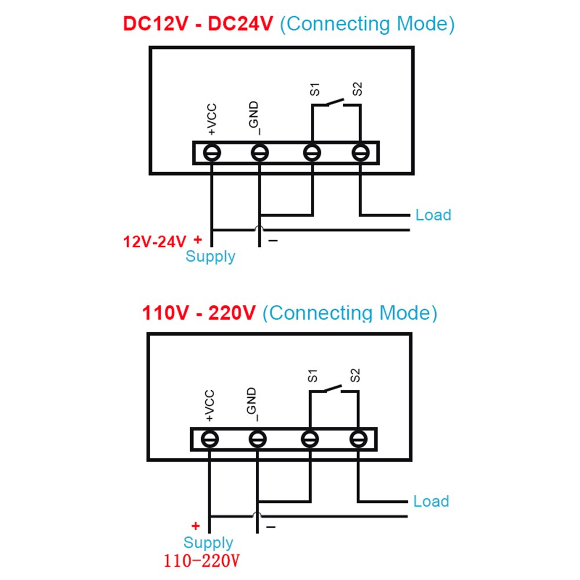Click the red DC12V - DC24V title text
197,24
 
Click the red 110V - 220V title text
199,313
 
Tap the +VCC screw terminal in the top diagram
212,153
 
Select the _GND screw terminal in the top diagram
259,153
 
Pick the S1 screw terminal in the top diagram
313,153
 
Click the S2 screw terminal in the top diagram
361,153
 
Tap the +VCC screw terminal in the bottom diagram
210,440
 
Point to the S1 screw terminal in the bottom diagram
310,440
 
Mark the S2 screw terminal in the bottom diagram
358,440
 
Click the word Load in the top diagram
433,215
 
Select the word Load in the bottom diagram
431,502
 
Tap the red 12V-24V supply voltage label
154,241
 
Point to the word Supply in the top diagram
211,256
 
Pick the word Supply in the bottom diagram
208,543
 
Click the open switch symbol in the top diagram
335,103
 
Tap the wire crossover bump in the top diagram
259,229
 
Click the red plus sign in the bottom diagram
195,527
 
